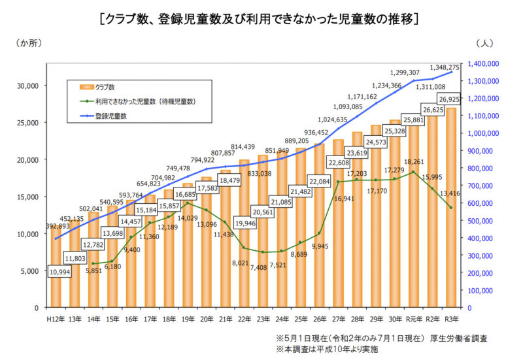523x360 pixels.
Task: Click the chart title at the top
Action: pyautogui.click(x=260, y=18)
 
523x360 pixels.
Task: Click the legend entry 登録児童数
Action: pyautogui.click(x=110, y=116)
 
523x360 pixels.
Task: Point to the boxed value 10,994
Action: pyautogui.click(x=63, y=271)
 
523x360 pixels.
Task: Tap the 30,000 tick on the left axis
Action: pyautogui.click(x=28, y=86)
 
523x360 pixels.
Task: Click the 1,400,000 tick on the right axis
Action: pyautogui.click(x=484, y=63)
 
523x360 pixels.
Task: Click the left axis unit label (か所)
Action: pyautogui.click(x=29, y=44)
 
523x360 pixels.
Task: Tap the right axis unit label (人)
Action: pyautogui.click(x=485, y=44)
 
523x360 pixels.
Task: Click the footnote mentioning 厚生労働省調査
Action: pyautogui.click(x=382, y=339)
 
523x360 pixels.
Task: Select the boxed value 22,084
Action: pyautogui.click(x=319, y=180)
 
